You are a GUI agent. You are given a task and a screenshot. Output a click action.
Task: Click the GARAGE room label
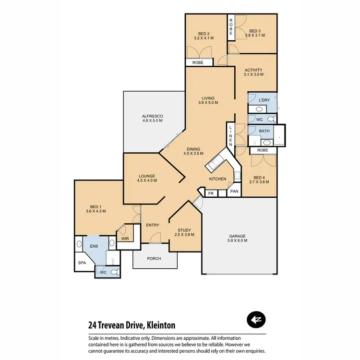point(238,236)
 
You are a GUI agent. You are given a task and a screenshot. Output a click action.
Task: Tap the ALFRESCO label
point(153,116)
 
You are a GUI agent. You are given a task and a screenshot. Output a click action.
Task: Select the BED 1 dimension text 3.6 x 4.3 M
point(96,211)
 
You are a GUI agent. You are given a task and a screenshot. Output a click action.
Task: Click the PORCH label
point(154,259)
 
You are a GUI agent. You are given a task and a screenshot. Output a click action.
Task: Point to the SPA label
point(82,263)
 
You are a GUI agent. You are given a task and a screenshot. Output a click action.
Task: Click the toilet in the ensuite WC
point(114,272)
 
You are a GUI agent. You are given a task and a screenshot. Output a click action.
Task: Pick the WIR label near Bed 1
point(124,238)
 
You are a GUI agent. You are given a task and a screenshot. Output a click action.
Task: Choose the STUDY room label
point(184,229)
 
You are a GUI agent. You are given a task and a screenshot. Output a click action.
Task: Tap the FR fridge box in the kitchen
point(211,193)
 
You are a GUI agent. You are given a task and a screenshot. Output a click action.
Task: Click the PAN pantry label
point(234,191)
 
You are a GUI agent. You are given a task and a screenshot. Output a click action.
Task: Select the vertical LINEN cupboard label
point(231,136)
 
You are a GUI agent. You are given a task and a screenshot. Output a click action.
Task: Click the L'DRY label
point(264,100)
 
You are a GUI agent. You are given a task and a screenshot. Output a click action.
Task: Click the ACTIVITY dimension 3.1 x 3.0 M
point(254,74)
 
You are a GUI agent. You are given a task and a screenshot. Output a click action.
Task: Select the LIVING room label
point(208,98)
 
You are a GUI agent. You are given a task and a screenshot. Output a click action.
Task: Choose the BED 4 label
point(259,177)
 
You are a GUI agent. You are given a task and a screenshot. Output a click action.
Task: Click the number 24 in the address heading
point(93,325)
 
